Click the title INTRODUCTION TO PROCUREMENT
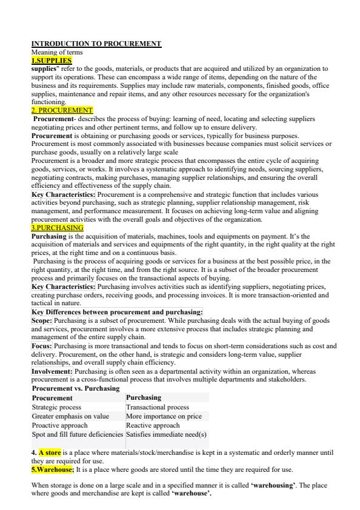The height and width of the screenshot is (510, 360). pyautogui.click(x=96, y=44)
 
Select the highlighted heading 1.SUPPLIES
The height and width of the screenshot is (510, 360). pyautogui.click(x=52, y=61)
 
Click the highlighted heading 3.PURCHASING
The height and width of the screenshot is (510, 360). pyautogui.click(x=58, y=227)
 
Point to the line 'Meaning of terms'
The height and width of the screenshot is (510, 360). pyautogui.click(x=52, y=52)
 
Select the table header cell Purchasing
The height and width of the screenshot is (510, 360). pyautogui.click(x=144, y=398)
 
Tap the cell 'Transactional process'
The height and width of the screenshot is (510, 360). pyautogui.click(x=158, y=408)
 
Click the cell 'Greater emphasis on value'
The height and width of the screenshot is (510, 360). pyautogui.click(x=70, y=417)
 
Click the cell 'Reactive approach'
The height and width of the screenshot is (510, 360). pyautogui.click(x=153, y=425)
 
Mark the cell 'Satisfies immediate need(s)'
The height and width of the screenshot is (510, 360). pyautogui.click(x=166, y=434)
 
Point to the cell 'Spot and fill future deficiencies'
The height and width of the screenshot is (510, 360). pyautogui.click(x=78, y=434)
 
